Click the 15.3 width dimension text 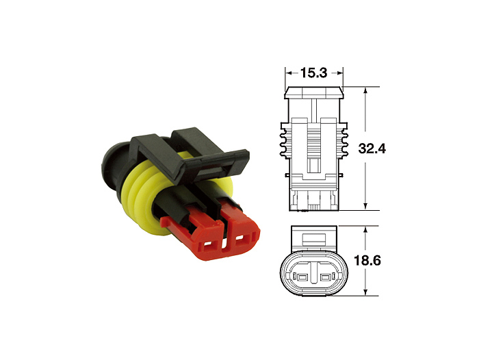pos(313,73)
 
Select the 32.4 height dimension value pos(372,149)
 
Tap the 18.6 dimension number pos(367,261)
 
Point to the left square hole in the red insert pos(208,245)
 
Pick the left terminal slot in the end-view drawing pos(302,277)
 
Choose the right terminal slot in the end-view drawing pos(325,277)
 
